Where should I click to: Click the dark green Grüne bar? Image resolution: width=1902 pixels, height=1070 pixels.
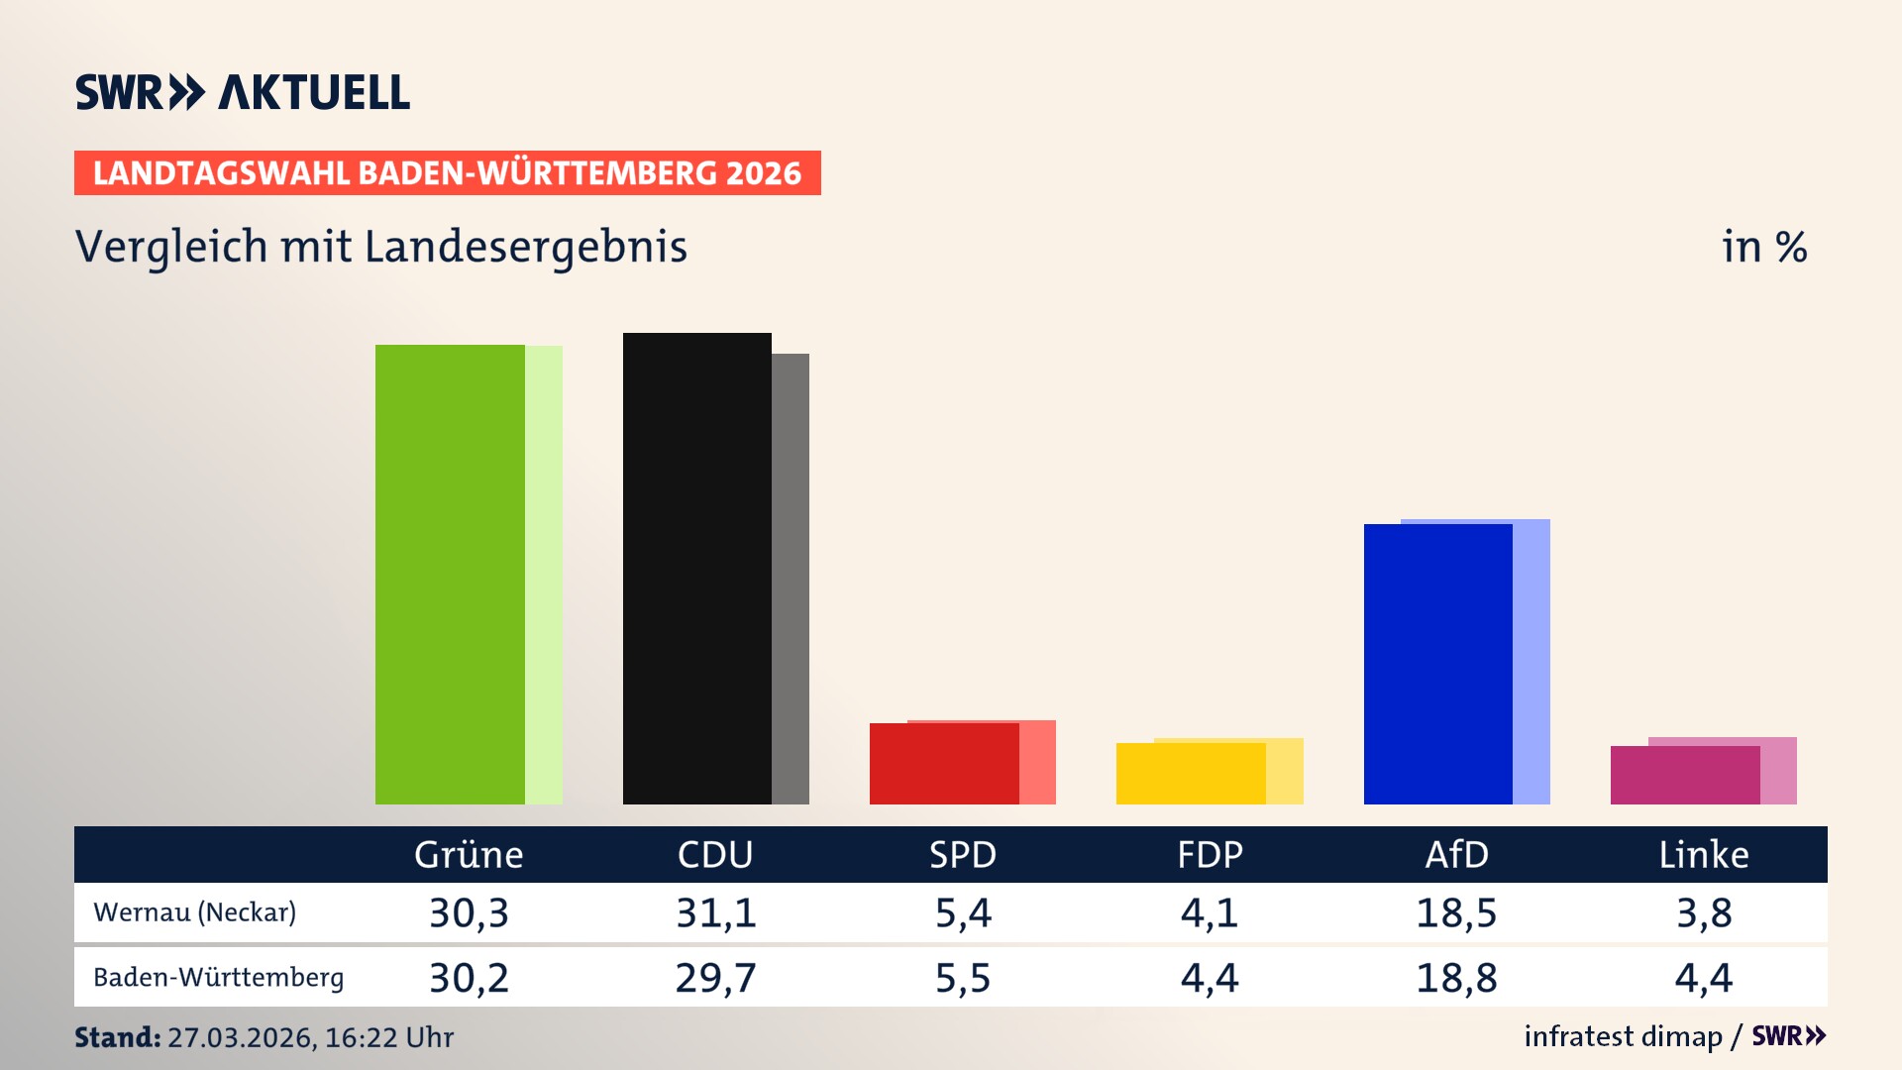coord(450,575)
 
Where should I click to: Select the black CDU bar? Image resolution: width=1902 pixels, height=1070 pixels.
coord(696,569)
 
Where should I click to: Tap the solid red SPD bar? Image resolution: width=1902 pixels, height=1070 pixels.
coord(943,764)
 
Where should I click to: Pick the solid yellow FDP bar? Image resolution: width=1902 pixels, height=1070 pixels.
coord(1190,774)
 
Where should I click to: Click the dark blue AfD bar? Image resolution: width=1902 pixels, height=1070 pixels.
coord(1437,664)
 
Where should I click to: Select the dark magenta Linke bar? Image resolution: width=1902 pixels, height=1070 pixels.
coord(1684,776)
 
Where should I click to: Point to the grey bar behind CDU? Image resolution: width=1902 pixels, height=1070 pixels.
coord(791,579)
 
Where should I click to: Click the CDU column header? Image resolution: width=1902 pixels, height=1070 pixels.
coord(715,855)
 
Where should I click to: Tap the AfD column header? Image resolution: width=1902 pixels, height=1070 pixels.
coord(1456,855)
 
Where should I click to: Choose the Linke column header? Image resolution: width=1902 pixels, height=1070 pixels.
coord(1704,855)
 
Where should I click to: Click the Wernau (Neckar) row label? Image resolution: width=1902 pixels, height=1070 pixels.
coord(195,912)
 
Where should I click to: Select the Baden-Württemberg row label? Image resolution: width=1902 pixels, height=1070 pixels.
coord(219,978)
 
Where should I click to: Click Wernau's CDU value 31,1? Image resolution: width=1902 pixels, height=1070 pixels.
coord(715,912)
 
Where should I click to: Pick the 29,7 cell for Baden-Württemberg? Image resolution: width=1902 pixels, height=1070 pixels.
coord(715,978)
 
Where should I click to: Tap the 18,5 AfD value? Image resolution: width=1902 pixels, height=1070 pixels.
coord(1456,912)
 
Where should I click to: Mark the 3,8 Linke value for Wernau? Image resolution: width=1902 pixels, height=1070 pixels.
coord(1704,912)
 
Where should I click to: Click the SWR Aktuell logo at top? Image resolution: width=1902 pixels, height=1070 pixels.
coord(243,92)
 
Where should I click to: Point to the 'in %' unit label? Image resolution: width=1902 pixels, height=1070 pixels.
coord(1764,247)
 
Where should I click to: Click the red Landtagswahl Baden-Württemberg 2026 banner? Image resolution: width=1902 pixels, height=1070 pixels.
coord(447,173)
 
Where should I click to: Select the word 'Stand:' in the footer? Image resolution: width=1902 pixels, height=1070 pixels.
coord(117,1037)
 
